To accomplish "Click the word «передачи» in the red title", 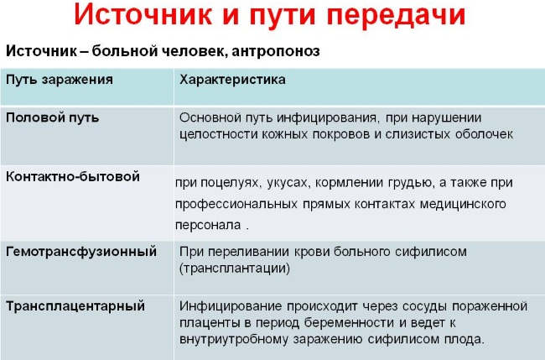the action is click(396, 15).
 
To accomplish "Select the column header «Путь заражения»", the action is click(60, 80).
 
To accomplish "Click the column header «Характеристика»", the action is click(232, 80).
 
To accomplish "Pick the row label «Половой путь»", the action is click(53, 118).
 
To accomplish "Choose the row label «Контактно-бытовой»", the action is click(73, 177).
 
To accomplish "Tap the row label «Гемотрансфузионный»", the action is click(81, 252).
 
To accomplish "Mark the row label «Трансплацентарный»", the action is click(75, 306).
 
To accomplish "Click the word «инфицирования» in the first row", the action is click(327, 118).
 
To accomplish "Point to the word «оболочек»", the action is click(484, 134).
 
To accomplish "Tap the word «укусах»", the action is click(288, 183).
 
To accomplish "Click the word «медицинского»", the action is click(463, 204).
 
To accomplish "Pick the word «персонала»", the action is click(208, 225).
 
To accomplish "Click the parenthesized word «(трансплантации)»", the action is click(235, 269).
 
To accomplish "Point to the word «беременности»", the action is click(350, 323).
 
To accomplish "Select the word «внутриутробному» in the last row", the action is click(234, 340).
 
